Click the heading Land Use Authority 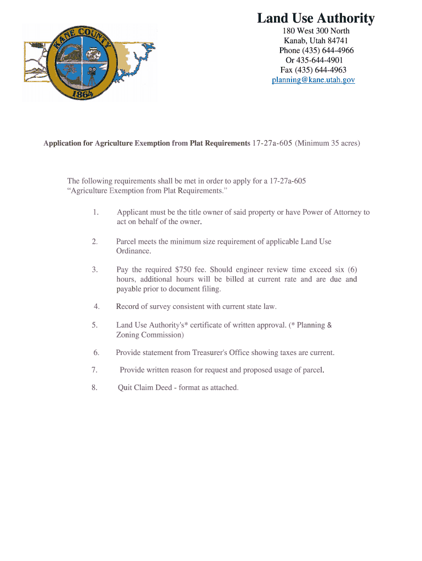click(316, 19)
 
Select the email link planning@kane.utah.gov click(313, 80)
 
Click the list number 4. click(96, 307)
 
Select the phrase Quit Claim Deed click(142, 387)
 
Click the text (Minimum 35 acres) click(328, 144)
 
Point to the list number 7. click(95, 370)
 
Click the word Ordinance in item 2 click(133, 251)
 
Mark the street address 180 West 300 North click(316, 31)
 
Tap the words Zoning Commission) click(150, 334)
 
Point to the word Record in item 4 click(128, 307)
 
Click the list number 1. click(95, 212)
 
